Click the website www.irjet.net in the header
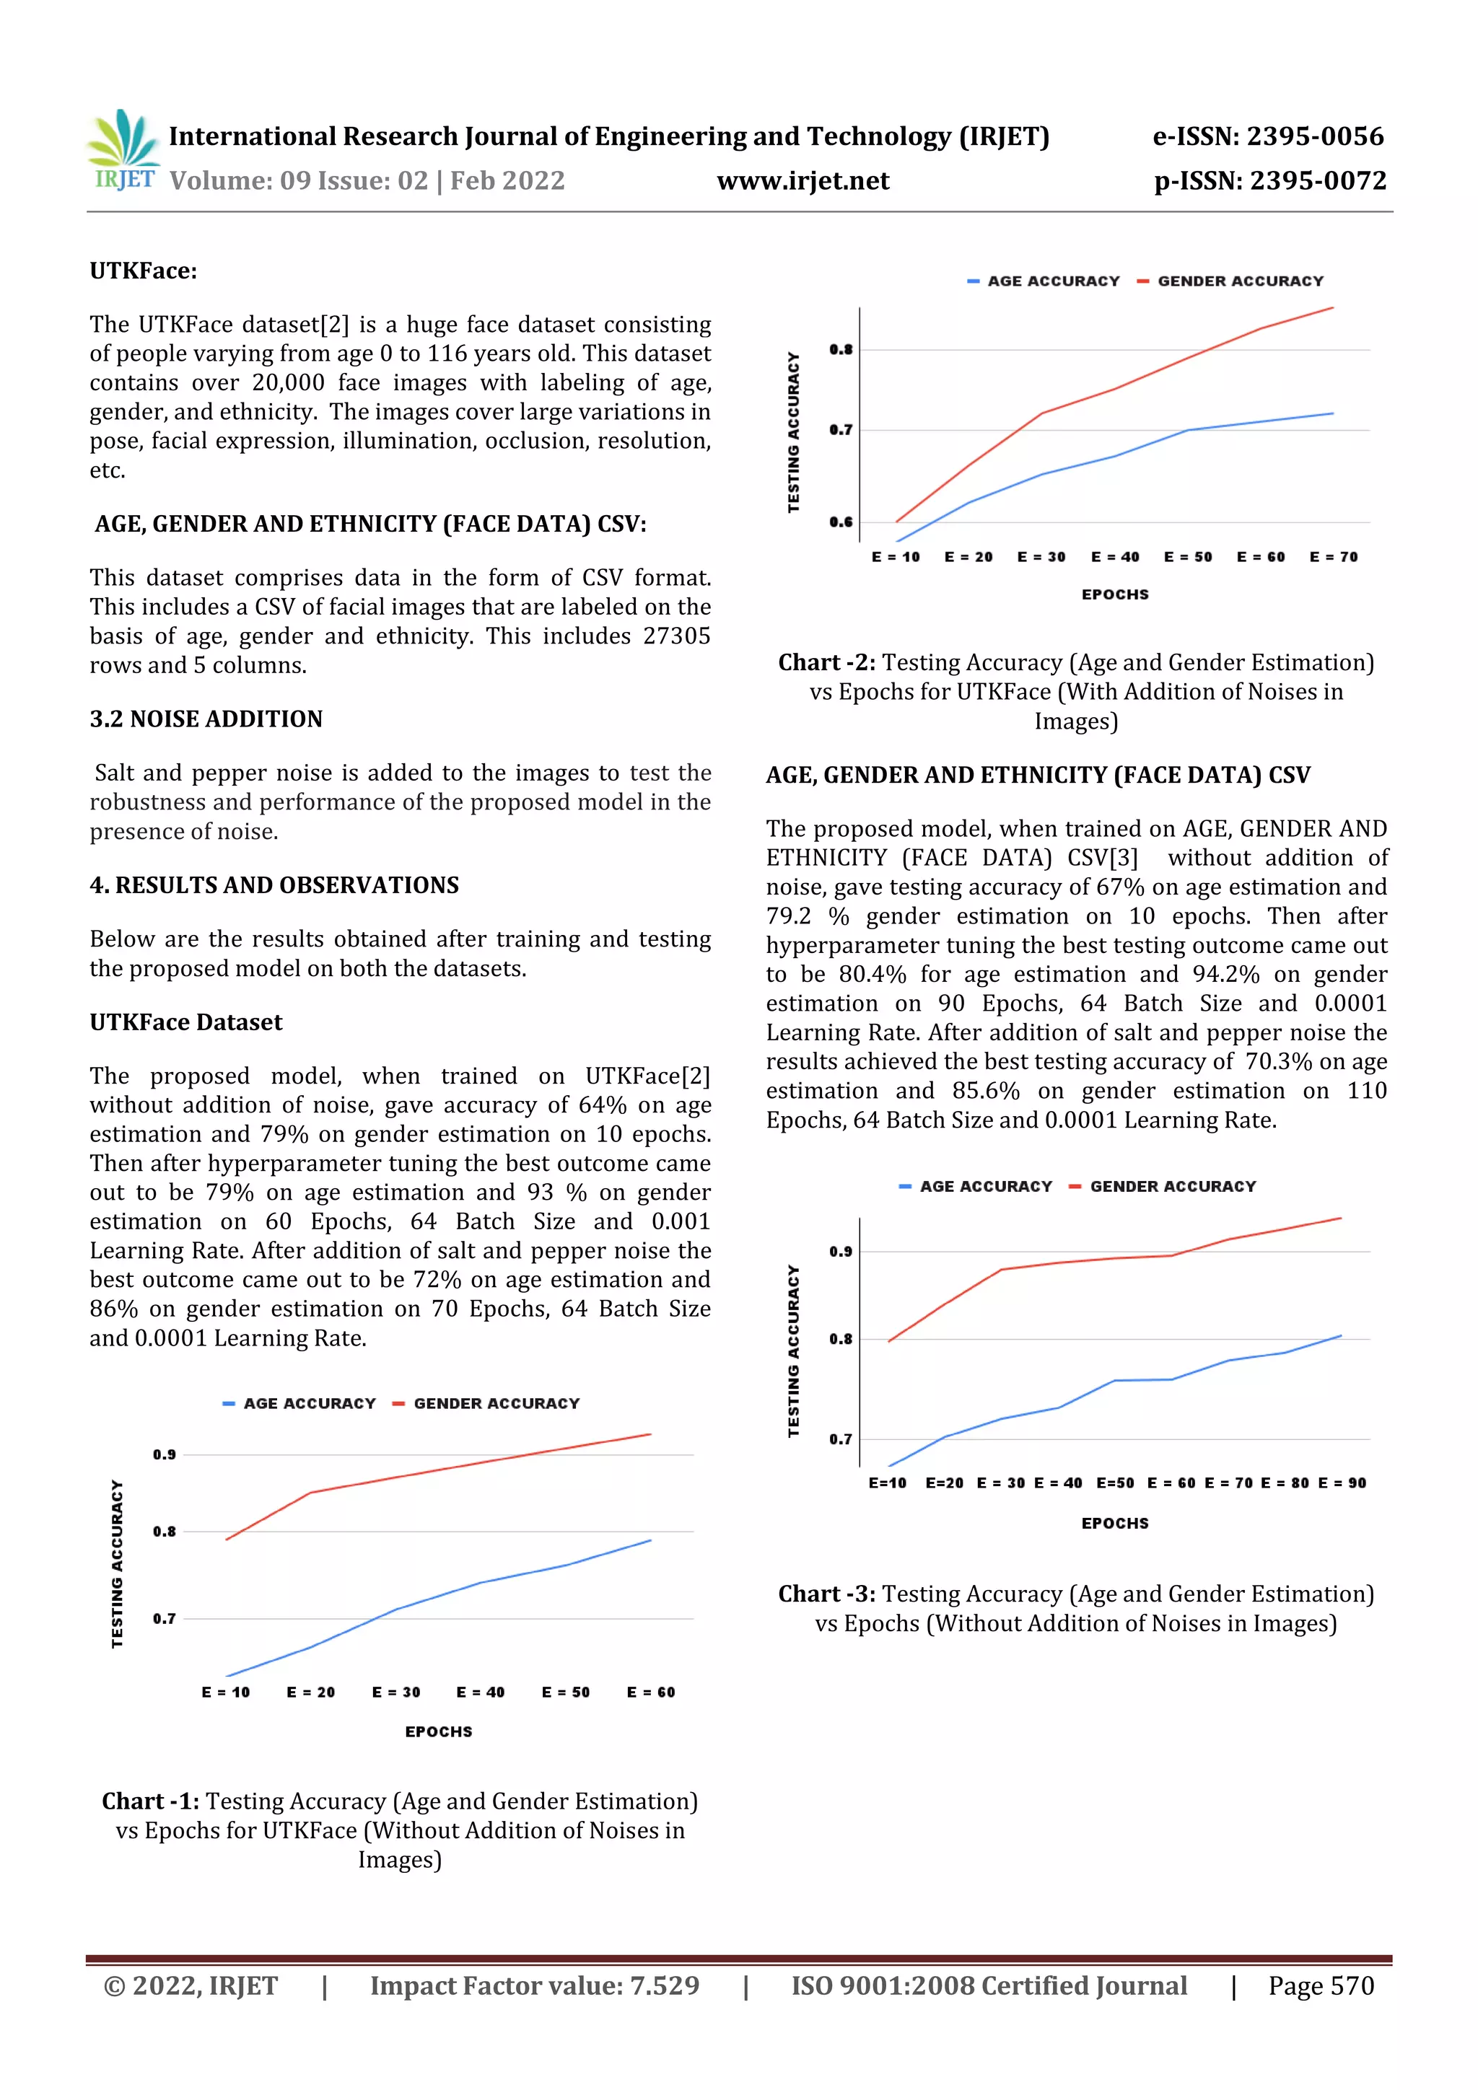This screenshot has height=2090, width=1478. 803,181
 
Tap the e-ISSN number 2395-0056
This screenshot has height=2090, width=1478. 1314,136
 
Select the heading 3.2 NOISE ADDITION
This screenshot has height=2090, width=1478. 206,719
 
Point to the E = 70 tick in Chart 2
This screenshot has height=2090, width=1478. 1333,557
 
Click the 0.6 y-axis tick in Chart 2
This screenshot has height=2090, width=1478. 841,522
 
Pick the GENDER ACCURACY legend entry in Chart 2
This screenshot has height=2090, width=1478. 1239,281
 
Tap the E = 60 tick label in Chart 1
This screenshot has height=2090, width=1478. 650,1692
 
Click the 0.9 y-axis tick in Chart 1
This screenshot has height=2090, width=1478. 164,1454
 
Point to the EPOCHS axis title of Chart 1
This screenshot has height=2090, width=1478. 438,1731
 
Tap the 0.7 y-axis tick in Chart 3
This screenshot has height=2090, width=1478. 841,1439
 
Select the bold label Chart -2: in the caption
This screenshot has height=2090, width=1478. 826,663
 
